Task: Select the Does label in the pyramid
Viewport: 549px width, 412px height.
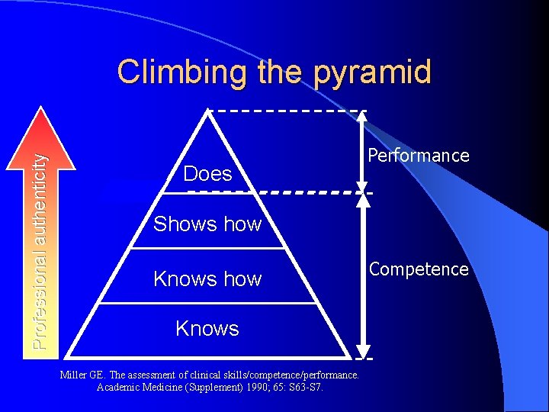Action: click(207, 174)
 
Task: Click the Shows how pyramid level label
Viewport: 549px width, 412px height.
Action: click(207, 224)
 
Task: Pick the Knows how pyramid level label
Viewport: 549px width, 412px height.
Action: click(207, 279)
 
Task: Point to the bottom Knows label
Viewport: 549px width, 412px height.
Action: click(207, 329)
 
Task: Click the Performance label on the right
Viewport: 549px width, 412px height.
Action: click(419, 156)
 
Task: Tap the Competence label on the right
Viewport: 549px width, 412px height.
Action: click(419, 269)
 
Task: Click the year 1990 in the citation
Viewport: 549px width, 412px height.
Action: click(250, 387)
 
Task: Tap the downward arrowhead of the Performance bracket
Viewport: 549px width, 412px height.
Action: click(363, 184)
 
